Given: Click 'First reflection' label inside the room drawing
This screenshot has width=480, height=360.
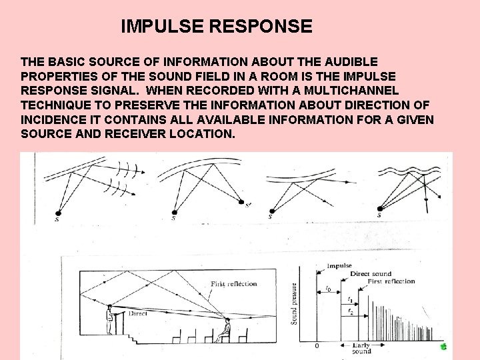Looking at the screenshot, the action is [x=233, y=284].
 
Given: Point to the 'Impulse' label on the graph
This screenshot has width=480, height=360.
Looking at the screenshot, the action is [x=339, y=266].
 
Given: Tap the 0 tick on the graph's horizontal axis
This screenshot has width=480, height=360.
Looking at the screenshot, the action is [x=317, y=346].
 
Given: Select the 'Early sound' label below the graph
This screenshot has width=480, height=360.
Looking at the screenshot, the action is [x=362, y=349].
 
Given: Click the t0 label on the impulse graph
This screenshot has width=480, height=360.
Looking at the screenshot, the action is [x=328, y=289].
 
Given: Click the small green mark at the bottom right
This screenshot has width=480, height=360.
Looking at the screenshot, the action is [x=443, y=347].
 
